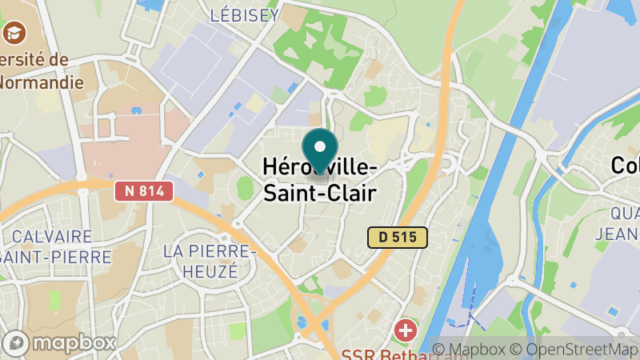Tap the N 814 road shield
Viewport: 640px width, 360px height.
pyautogui.click(x=143, y=190)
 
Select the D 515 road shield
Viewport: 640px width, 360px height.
pyautogui.click(x=397, y=238)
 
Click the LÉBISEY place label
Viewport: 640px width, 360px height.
pyautogui.click(x=244, y=15)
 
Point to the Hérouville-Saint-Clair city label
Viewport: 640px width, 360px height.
pyautogui.click(x=319, y=179)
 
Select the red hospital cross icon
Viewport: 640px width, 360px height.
pyautogui.click(x=406, y=330)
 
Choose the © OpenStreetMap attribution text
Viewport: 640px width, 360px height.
pyautogui.click(x=577, y=350)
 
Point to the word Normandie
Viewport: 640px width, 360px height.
pyautogui.click(x=40, y=82)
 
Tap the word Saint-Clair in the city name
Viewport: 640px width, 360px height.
pyautogui.click(x=319, y=192)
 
